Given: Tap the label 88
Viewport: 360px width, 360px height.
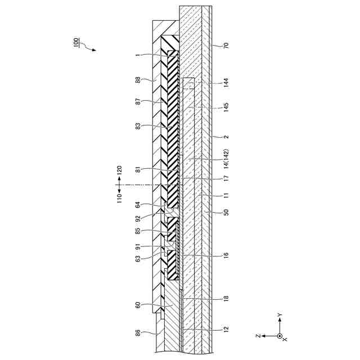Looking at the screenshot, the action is (138, 80).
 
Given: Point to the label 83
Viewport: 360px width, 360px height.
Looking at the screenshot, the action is (138, 127).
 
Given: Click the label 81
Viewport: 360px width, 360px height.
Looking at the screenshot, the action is (138, 170).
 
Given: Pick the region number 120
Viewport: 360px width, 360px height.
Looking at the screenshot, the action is (119, 169).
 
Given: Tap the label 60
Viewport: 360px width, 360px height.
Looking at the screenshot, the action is (138, 305).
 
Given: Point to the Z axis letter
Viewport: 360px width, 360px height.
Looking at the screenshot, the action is (258, 336).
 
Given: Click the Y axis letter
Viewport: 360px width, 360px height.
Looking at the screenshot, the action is (280, 315).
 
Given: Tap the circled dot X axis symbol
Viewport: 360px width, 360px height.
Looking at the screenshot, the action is (280, 336).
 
